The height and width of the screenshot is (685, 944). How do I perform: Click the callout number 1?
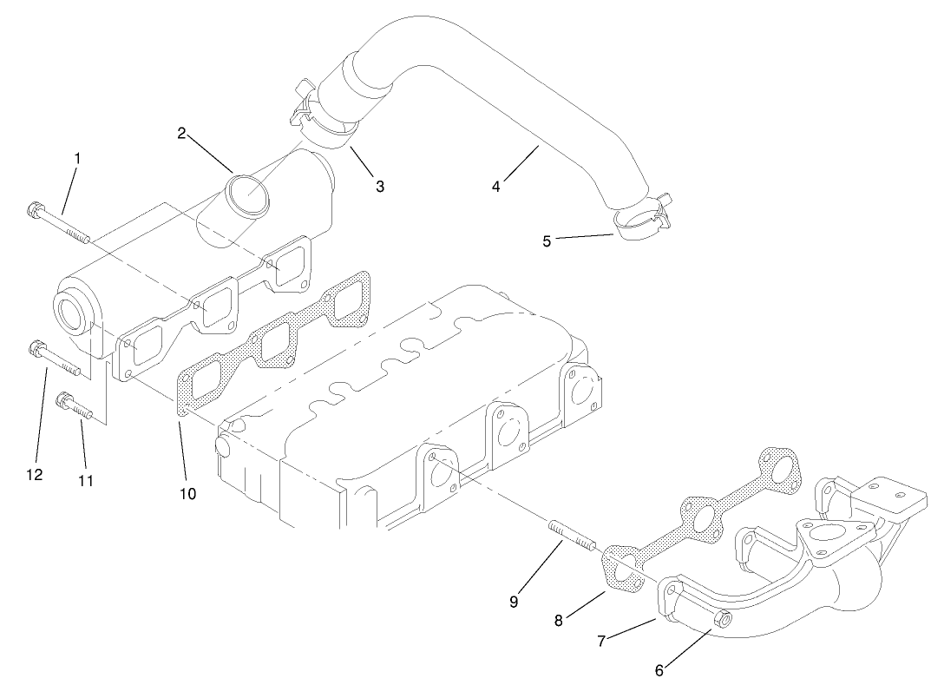pyautogui.click(x=77, y=159)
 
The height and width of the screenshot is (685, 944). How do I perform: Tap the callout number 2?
pyautogui.click(x=181, y=133)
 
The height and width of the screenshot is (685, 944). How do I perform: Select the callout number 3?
pyautogui.click(x=379, y=185)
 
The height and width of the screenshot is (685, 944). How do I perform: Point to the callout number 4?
pyautogui.click(x=496, y=185)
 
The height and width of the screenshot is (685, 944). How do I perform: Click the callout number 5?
pyautogui.click(x=547, y=241)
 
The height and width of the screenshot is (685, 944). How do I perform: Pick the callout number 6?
pyautogui.click(x=659, y=669)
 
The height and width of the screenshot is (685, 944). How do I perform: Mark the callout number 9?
pyautogui.click(x=514, y=602)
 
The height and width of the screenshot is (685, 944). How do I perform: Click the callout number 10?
pyautogui.click(x=187, y=494)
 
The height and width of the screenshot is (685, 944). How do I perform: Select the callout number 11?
pyautogui.click(x=85, y=480)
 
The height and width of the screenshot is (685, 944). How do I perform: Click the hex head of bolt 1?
pyautogui.click(x=36, y=210)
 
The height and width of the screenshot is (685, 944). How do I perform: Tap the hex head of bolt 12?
pyautogui.click(x=36, y=349)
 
